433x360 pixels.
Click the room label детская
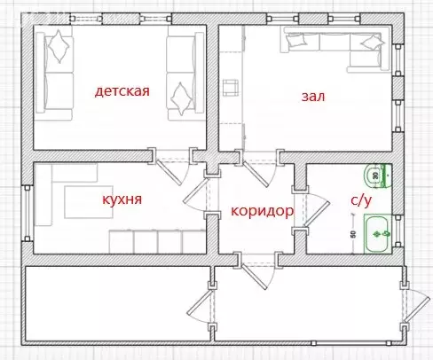[122, 90]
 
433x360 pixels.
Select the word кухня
[122, 200]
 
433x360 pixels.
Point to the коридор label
[262, 212]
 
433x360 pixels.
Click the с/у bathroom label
[360, 201]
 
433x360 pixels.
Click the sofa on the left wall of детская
[58, 75]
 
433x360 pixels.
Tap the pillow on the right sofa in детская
[183, 91]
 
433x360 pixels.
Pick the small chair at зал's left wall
[232, 87]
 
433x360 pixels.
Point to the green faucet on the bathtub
[384, 232]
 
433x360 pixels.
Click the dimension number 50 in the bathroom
[352, 236]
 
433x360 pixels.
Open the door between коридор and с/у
[311, 209]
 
